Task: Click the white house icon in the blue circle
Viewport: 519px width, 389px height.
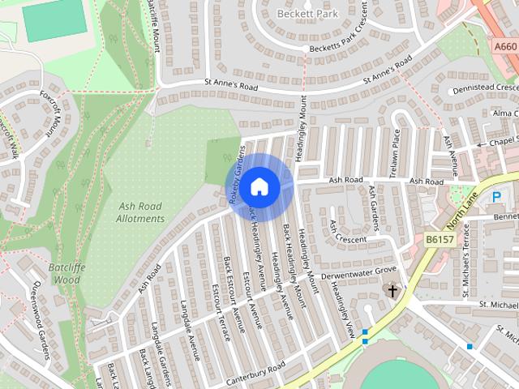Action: pyautogui.click(x=259, y=187)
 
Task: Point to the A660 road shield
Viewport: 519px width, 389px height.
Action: pyautogui.click(x=505, y=48)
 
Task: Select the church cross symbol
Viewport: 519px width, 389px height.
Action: pyautogui.click(x=392, y=289)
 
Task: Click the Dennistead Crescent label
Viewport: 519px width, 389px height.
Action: pyautogui.click(x=485, y=88)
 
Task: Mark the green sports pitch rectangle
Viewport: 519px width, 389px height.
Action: pyautogui.click(x=54, y=22)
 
